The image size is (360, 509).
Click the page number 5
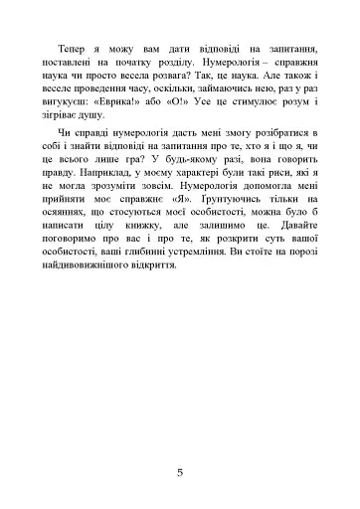point(180,471)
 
